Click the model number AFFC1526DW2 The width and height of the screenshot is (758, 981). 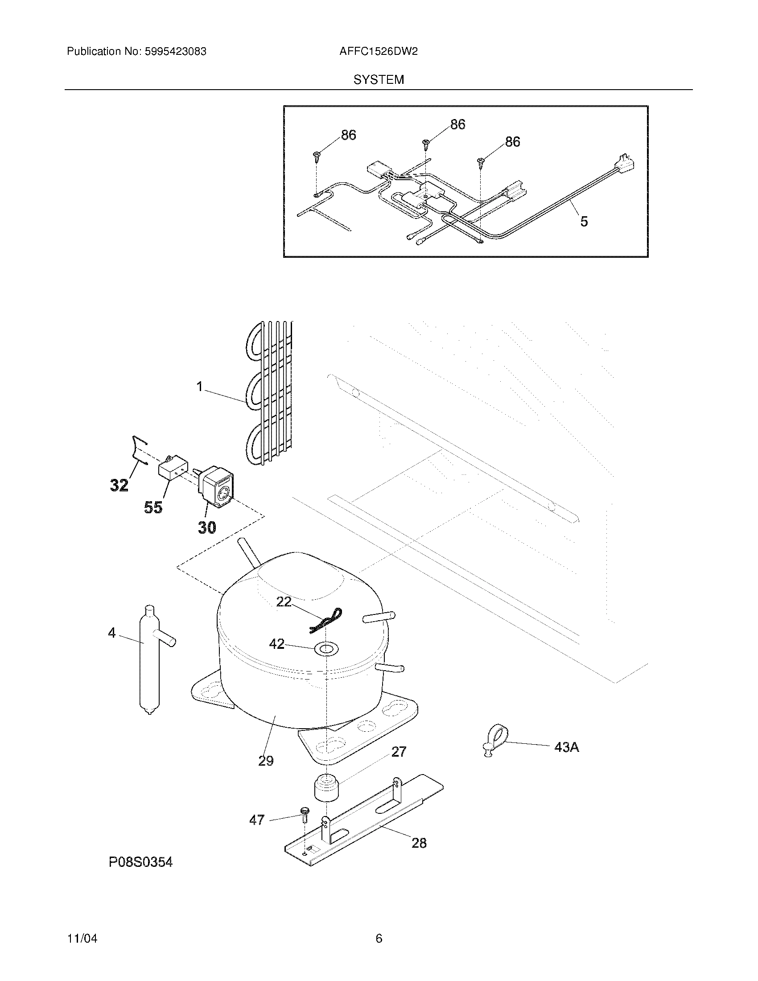tap(379, 52)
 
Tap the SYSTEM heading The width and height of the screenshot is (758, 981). tap(379, 80)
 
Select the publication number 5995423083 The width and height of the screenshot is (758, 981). tap(176, 52)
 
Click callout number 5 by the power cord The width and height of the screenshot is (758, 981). tap(584, 221)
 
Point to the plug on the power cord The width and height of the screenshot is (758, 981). tap(628, 163)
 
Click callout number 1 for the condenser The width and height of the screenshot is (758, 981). tap(200, 386)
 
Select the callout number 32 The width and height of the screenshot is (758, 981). tap(119, 485)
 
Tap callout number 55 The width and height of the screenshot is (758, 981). tap(153, 507)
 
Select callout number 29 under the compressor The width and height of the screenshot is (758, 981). tap(266, 760)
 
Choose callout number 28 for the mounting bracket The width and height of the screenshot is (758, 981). tap(419, 843)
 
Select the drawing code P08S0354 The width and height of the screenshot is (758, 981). tap(140, 862)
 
